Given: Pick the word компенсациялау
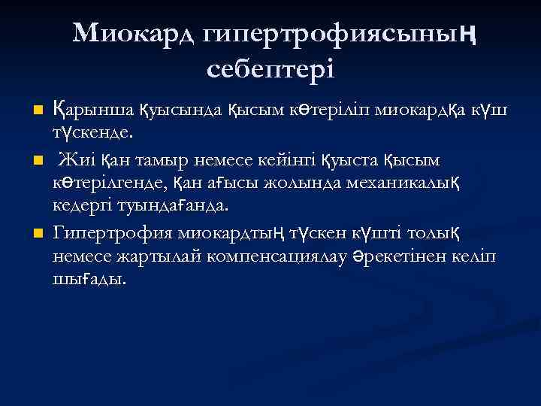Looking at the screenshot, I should tap(293, 256).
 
